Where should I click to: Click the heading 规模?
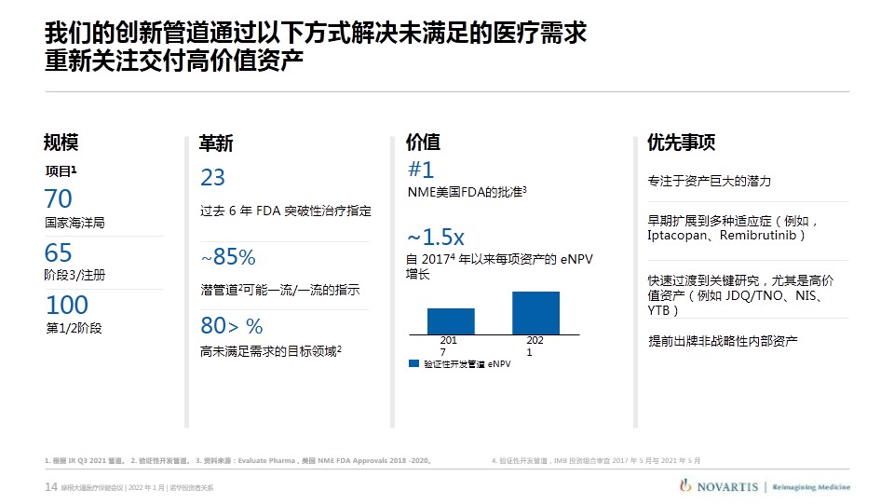(61, 143)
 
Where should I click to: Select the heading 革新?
(216, 143)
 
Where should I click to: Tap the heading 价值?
(423, 143)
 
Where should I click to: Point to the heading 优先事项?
(681, 143)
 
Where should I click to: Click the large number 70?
(58, 198)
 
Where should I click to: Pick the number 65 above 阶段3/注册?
(58, 252)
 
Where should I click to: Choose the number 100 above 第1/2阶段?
(67, 305)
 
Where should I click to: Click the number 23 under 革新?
(213, 177)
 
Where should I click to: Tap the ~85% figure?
(228, 256)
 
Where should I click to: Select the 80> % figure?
(232, 325)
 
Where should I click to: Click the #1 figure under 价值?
(421, 170)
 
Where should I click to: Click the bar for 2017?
(451, 320)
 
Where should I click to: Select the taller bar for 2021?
(535, 313)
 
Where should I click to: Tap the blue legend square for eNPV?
(414, 363)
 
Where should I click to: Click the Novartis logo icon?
(685, 485)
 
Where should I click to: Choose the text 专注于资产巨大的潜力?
(710, 181)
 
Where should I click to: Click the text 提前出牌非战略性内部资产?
(723, 341)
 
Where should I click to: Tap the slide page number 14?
(51, 487)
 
